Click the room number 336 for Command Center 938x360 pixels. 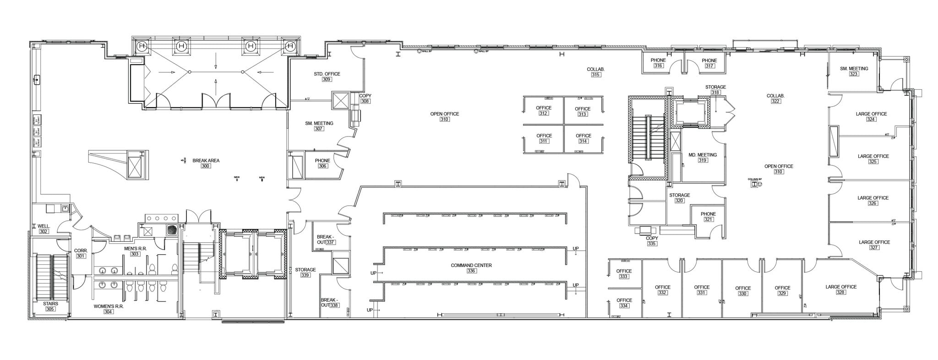point(471,271)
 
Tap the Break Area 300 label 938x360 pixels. point(206,163)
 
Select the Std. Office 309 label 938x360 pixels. point(327,76)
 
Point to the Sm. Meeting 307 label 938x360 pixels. point(319,126)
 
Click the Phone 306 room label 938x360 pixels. point(322,164)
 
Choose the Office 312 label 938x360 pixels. point(544,110)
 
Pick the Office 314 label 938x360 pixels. point(583,138)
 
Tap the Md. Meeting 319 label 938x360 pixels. point(703,158)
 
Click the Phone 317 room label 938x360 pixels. point(709,63)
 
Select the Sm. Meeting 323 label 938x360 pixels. point(854,71)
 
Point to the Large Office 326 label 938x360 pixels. point(873,201)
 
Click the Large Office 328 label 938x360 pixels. point(841,289)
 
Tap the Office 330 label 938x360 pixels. point(743,291)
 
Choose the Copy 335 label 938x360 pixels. point(652,241)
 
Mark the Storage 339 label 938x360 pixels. point(305,273)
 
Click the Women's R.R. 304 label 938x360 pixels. point(109,309)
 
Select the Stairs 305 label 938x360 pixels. point(50,306)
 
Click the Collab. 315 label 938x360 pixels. point(595,72)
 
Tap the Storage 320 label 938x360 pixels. point(679,198)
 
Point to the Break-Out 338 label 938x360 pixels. point(330,303)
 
